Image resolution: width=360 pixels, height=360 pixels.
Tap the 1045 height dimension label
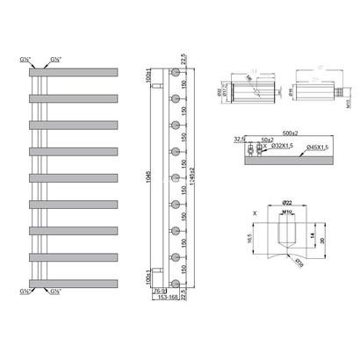[x=137, y=180]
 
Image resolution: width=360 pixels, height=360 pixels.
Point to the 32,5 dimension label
[x=240, y=138]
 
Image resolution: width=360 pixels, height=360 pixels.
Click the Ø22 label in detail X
[x=286, y=204]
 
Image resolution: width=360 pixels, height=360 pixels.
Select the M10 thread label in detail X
[x=287, y=212]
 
